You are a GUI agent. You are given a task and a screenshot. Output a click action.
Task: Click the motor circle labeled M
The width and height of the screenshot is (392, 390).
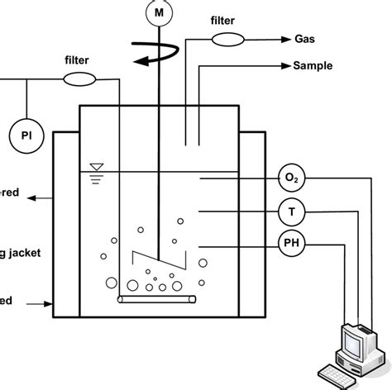pyautogui.click(x=157, y=12)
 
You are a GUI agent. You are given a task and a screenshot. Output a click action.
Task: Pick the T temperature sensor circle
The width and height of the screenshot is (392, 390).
pyautogui.click(x=290, y=212)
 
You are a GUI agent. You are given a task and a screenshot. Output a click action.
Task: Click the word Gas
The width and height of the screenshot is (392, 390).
pyautogui.click(x=304, y=38)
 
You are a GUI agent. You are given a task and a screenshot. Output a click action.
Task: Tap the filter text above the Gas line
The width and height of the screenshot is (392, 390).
pyautogui.click(x=225, y=19)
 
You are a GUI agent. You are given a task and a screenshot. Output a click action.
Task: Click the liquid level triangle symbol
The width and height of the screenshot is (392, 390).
pyautogui.click(x=98, y=167)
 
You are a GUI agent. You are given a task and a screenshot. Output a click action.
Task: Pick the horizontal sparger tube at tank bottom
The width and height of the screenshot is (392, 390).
pyautogui.click(x=157, y=299)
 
